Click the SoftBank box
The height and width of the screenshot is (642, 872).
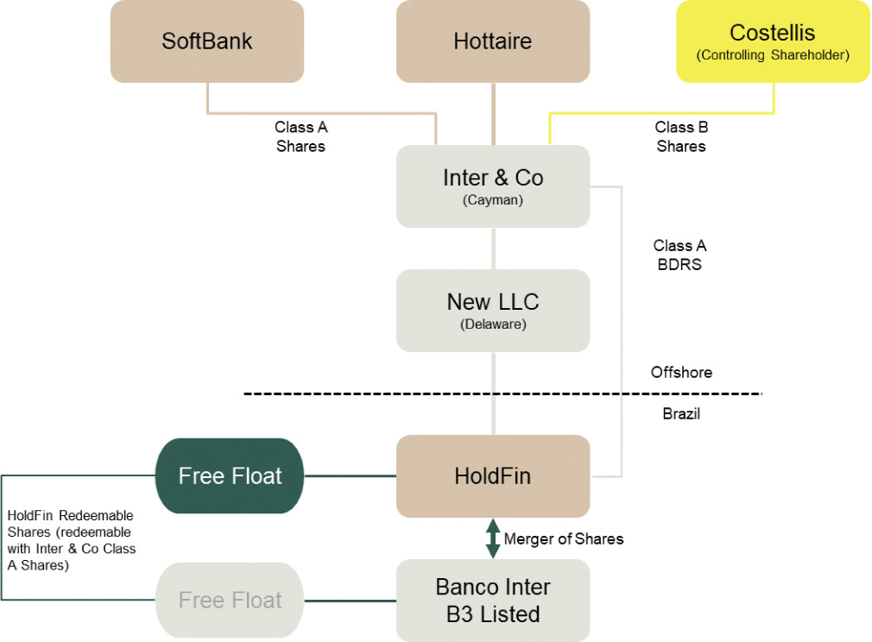(207, 41)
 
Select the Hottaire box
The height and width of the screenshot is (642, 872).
(493, 41)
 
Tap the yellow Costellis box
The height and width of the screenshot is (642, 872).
(773, 41)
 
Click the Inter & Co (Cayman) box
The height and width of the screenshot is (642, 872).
(493, 186)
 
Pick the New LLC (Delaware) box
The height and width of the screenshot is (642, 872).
(493, 310)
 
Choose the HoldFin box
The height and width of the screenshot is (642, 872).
(493, 476)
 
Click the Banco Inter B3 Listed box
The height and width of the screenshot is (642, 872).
(493, 601)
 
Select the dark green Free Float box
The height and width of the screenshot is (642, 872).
(230, 476)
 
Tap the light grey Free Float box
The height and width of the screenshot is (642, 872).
(230, 601)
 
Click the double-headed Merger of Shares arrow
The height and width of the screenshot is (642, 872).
(493, 538)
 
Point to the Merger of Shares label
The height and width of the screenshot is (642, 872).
(563, 538)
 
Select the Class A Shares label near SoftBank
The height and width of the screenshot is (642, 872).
(300, 136)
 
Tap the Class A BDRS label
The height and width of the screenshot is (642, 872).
(679, 255)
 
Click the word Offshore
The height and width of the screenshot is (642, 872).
(681, 373)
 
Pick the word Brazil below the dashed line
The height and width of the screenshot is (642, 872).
(681, 414)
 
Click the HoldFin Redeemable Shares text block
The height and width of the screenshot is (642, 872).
(71, 540)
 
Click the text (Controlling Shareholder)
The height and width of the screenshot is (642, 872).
(773, 56)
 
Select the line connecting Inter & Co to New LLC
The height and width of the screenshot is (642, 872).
(493, 249)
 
